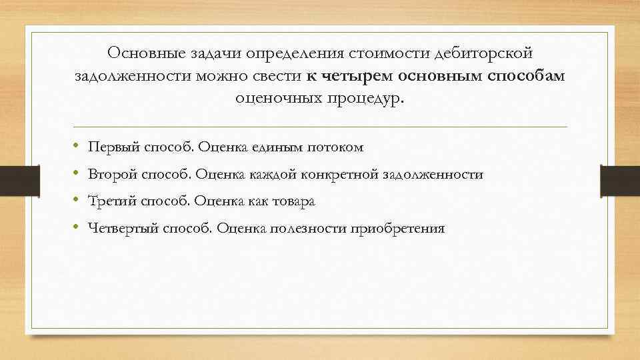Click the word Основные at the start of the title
[142, 52]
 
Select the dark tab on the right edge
[621, 180]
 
